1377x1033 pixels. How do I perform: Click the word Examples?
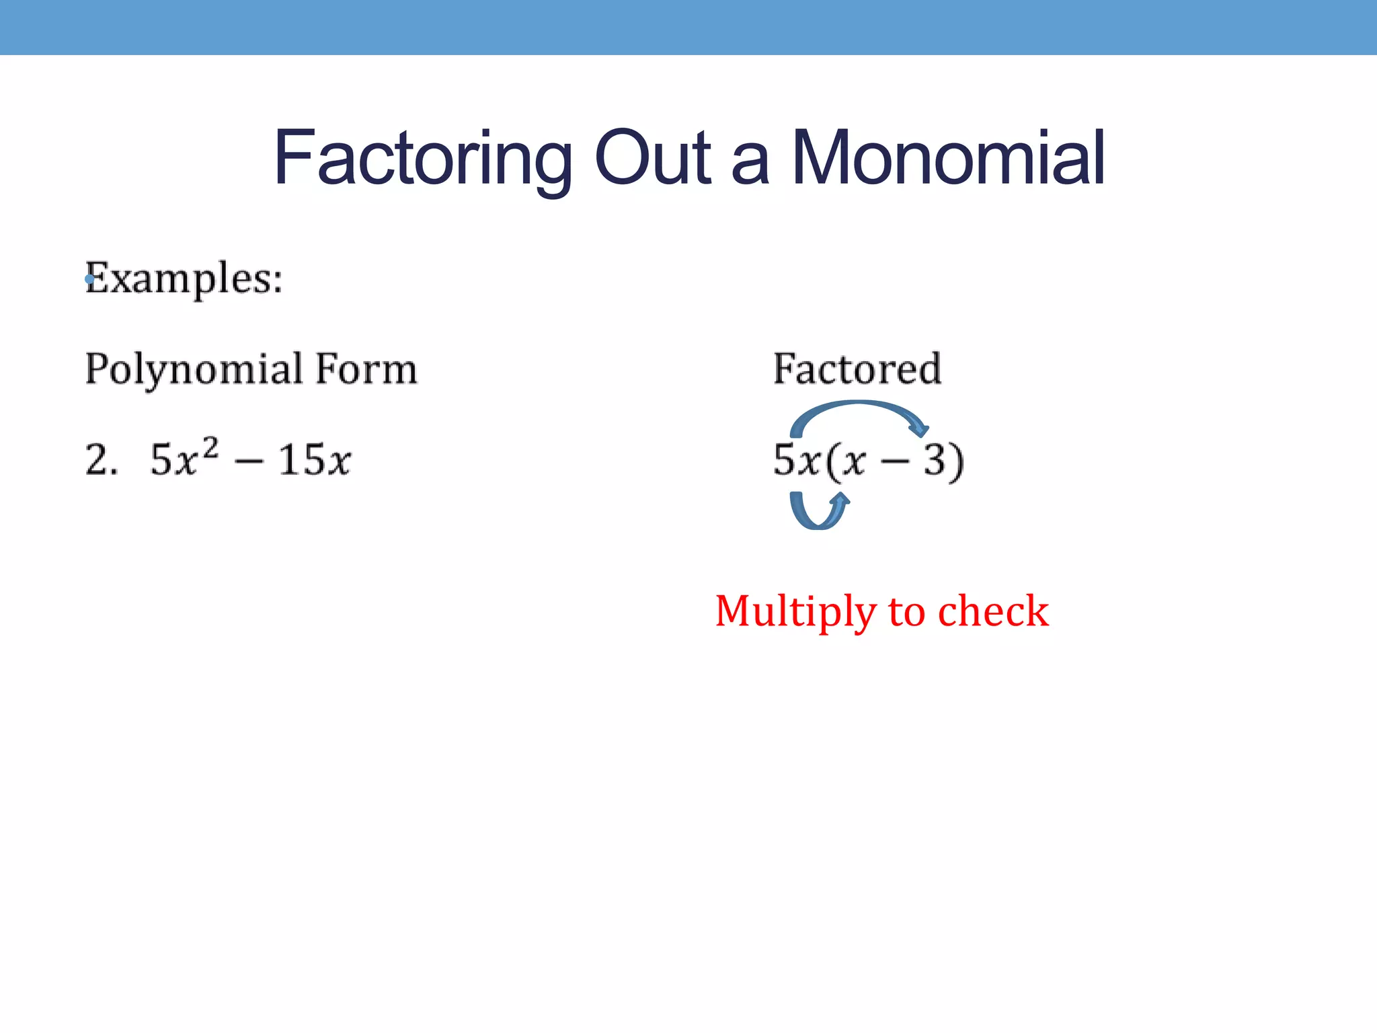(x=184, y=278)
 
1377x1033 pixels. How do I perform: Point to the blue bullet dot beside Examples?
(x=89, y=278)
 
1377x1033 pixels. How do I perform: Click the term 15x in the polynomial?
(x=315, y=460)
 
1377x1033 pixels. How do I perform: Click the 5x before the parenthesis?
(x=796, y=460)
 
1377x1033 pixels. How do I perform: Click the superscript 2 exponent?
(x=210, y=447)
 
